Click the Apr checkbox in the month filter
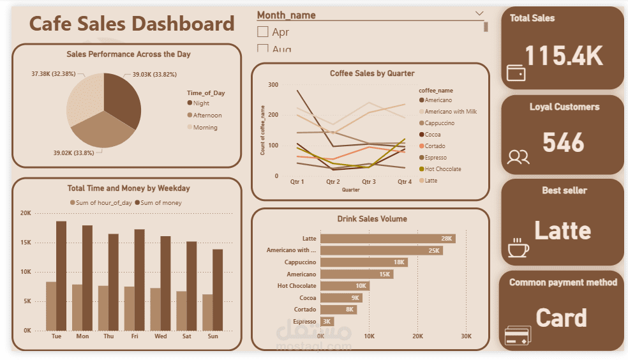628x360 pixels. (262, 32)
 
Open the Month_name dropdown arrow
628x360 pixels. (479, 13)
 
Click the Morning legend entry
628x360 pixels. (205, 128)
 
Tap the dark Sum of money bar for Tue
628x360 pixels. (61, 276)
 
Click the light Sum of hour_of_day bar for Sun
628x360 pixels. (207, 312)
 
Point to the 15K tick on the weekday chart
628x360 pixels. (27, 243)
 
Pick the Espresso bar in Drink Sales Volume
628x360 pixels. (327, 322)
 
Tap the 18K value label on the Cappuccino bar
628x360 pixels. (400, 262)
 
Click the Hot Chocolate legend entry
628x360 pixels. (442, 169)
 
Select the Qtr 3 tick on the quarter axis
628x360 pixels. (369, 182)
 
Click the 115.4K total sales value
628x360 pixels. (564, 56)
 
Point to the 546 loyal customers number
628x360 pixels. (564, 142)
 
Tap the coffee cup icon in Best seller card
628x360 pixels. (518, 248)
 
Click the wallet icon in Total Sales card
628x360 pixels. (516, 73)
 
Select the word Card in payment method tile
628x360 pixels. (561, 317)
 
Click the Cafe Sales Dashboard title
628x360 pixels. (132, 24)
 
